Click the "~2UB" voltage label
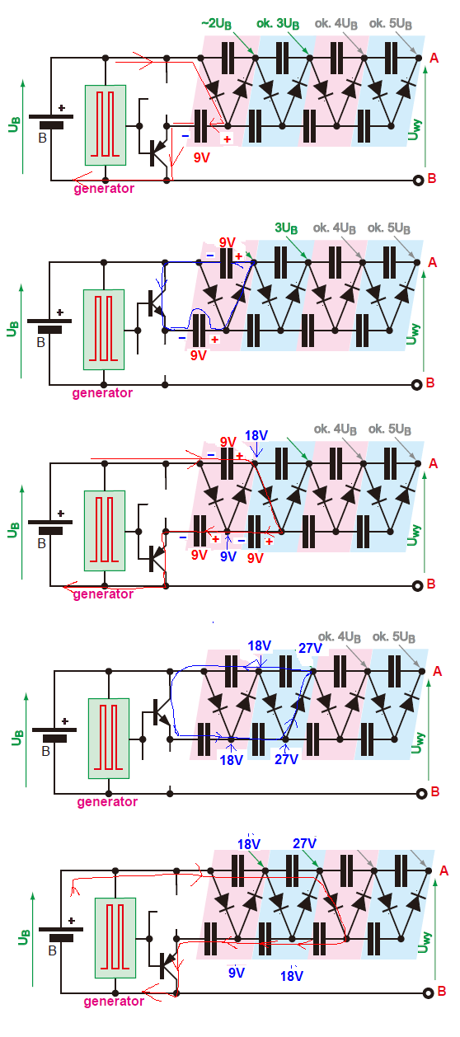(x=217, y=24)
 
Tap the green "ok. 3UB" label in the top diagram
(x=278, y=24)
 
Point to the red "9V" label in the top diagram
(x=202, y=158)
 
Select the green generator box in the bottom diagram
(x=115, y=938)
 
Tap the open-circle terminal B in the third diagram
(x=417, y=586)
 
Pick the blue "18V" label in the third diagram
(x=256, y=435)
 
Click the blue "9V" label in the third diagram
(x=228, y=556)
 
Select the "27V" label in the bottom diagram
(x=304, y=843)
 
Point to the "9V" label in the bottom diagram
(x=237, y=973)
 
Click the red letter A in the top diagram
(x=434, y=59)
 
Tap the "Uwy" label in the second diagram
(x=413, y=334)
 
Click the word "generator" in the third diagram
(x=103, y=594)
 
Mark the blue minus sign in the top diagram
(x=185, y=136)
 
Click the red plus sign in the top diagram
(x=227, y=138)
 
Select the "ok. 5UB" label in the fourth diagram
(x=394, y=637)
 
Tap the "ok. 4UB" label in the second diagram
(x=335, y=228)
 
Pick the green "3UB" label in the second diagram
(x=286, y=228)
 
